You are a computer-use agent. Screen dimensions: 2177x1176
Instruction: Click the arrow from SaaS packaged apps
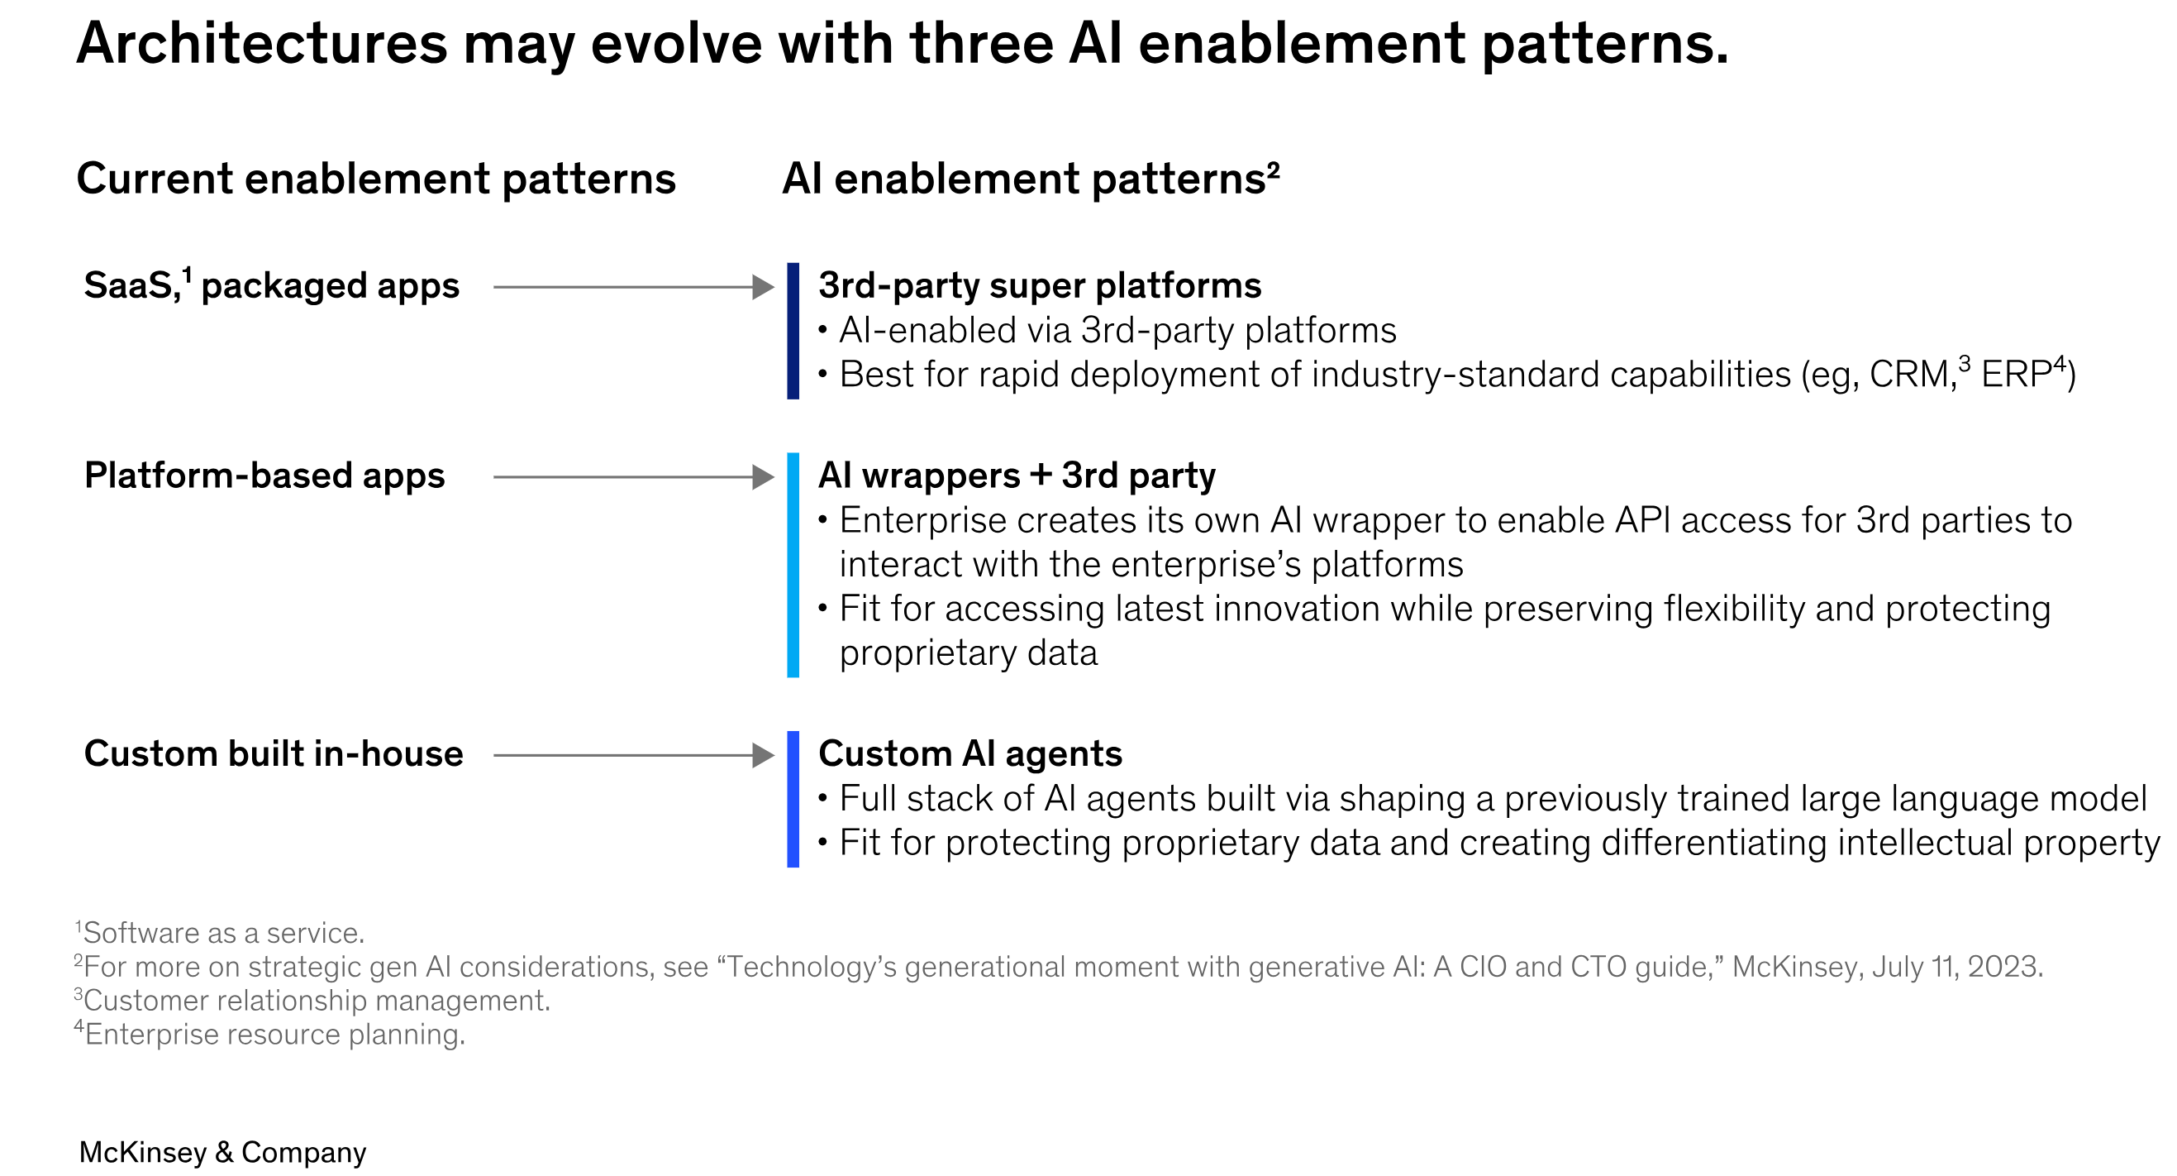634,288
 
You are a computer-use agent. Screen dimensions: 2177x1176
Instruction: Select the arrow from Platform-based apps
634,478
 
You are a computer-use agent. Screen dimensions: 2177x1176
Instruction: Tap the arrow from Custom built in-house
634,756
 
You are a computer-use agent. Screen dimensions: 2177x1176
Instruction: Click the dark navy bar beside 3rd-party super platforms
793,332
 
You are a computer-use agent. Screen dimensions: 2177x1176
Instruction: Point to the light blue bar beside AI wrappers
793,565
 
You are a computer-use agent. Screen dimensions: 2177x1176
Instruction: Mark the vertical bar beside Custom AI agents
793,799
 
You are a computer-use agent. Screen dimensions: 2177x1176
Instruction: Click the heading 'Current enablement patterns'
376,180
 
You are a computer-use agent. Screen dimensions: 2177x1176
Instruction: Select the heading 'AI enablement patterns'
1030,180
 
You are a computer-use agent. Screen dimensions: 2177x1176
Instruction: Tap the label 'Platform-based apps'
264,476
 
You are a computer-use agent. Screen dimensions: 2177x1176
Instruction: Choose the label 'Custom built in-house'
274,754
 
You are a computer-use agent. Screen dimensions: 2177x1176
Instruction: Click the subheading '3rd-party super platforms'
1040,286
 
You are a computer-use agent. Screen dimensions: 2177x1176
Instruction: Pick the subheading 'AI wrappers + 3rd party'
1017,476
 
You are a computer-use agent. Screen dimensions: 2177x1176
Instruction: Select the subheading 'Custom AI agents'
970,754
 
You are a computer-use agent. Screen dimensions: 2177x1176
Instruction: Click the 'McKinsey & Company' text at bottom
223,1152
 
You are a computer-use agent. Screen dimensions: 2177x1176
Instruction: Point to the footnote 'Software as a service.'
224,934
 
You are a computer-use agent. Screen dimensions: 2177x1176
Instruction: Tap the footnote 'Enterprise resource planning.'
274,1035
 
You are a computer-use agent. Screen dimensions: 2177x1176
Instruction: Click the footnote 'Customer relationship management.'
317,1001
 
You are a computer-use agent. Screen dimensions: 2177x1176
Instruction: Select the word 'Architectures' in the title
262,44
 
